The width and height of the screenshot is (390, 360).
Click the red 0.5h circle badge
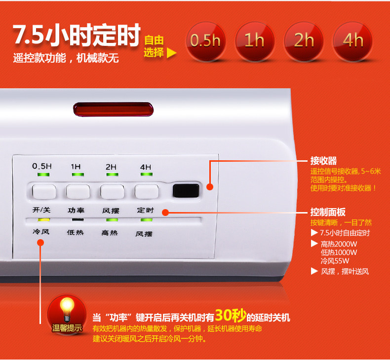tap(206, 41)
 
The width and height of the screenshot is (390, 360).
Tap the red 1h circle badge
tap(255, 41)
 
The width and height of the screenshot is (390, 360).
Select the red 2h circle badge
tap(304, 41)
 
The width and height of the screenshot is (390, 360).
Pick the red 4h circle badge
tap(352, 41)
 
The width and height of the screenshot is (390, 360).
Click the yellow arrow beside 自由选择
tap(171, 53)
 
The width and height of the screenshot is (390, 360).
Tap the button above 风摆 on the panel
tap(112, 191)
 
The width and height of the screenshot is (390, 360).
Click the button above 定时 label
tap(147, 191)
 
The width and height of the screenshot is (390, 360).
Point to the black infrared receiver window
tap(186, 191)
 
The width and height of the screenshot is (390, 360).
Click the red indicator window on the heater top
tap(114, 109)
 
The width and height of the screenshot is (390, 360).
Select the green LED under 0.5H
tap(43, 175)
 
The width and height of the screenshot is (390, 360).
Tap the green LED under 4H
tap(147, 174)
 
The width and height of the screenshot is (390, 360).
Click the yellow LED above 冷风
tap(44, 220)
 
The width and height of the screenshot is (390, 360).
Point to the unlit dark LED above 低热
tap(78, 219)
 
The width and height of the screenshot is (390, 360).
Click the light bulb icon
tap(67, 310)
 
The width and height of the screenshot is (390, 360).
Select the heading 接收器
tap(323, 161)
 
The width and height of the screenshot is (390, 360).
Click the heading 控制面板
tap(328, 212)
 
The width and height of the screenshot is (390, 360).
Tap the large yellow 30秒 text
tap(231, 316)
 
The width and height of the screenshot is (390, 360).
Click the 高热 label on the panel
tap(110, 233)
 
